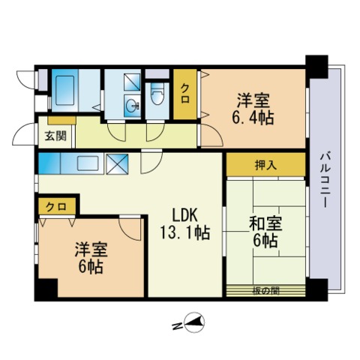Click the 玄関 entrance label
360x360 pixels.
coord(55,136)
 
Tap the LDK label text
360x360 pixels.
coord(185,215)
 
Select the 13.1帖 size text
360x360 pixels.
coord(184,232)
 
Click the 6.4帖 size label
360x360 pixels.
coord(253,117)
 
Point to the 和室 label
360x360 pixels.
coord(265,223)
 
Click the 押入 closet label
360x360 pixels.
coord(265,165)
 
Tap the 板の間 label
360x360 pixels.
coord(265,291)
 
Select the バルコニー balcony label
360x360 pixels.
coord(325,181)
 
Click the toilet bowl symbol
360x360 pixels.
coord(157,94)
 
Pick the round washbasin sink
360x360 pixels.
coord(132,106)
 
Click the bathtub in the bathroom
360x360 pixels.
coord(64,90)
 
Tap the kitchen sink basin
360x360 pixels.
coord(88,163)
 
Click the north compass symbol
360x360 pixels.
coord(194,322)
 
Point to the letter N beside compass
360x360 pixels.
coord(177,326)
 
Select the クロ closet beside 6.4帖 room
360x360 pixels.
coord(185,94)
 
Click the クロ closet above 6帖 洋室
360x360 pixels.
coord(57,206)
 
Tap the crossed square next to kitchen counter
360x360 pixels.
coord(117,164)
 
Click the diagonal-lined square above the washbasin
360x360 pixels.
coord(132,82)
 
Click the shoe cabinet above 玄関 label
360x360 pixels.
coord(61,120)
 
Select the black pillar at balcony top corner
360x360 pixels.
coord(316,67)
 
